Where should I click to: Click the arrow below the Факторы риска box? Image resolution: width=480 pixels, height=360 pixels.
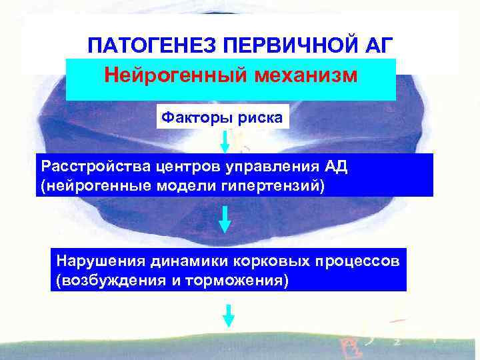click(x=225, y=141)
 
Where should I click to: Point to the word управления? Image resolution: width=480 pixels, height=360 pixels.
click(x=261, y=166)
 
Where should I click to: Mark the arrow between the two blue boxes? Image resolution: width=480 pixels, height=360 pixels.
click(x=225, y=219)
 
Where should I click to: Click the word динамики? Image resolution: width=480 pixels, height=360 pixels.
click(x=179, y=260)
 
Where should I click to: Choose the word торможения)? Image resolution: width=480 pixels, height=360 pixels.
click(x=237, y=280)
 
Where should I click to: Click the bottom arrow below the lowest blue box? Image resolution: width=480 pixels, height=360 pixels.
click(x=229, y=315)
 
